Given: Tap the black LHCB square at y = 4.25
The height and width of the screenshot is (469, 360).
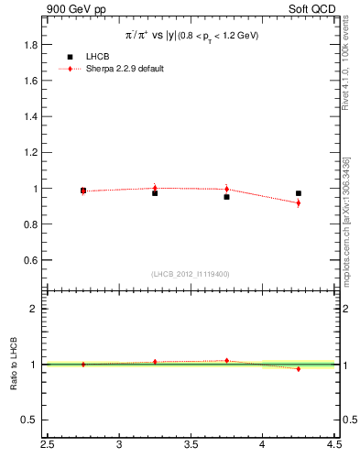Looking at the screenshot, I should pos(299,193).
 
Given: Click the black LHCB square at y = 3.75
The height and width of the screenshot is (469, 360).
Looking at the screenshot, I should pos(226,197).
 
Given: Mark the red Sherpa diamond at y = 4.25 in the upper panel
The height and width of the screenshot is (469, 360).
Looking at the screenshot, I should pos(299,202).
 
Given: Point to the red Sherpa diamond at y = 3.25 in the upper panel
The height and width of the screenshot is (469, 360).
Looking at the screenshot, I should pos(155,188).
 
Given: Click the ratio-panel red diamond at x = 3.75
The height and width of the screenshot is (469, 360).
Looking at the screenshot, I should pos(226,361).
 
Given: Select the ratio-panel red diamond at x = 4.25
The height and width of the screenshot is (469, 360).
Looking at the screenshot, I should pos(299,368).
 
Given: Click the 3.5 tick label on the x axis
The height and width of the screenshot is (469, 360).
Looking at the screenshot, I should pos(191,445).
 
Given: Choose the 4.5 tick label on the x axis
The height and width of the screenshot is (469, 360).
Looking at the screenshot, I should pos(333,445).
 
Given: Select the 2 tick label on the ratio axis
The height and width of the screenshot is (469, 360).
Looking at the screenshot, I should pos(34,309).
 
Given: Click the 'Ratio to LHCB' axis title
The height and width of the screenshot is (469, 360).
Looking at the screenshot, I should pos(13,364).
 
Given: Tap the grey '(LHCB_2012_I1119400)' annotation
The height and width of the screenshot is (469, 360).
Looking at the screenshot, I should pos(191,274).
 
